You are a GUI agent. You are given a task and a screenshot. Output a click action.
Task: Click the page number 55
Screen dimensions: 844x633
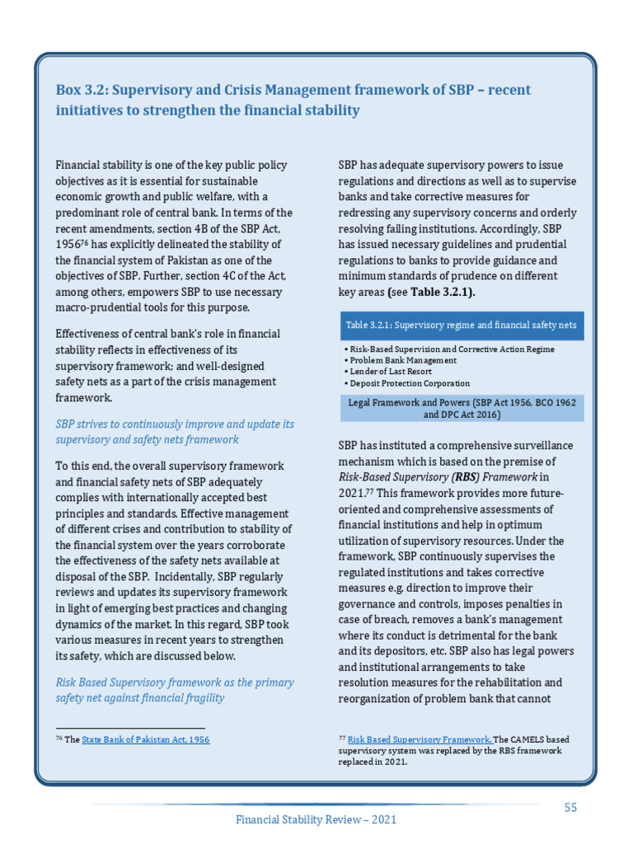point(570,808)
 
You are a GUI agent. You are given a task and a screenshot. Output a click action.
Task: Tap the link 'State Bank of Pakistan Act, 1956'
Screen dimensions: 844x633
point(145,740)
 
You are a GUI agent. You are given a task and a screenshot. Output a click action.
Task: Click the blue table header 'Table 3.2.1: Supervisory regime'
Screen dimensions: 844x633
point(461,325)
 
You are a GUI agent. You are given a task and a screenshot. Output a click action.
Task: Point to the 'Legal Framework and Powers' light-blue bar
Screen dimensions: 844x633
point(461,408)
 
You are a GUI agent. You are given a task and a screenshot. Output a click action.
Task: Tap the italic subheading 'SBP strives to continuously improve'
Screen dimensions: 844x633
point(174,424)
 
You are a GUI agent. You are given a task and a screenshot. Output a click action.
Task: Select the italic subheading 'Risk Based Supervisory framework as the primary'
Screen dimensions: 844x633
point(174,682)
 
